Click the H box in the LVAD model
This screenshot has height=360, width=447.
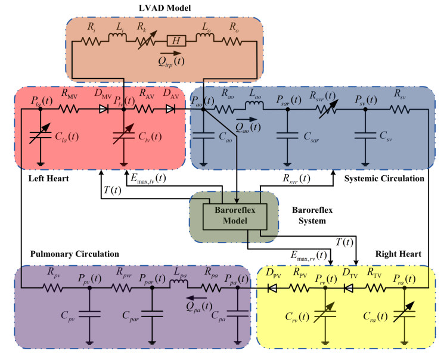click(176, 41)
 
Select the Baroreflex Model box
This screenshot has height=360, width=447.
click(235, 216)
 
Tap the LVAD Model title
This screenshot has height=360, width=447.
click(164, 8)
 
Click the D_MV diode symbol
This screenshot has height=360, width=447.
click(104, 109)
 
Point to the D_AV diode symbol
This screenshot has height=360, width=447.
click(170, 109)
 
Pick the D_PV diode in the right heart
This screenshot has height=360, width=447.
click(272, 288)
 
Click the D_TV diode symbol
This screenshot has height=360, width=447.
click(348, 288)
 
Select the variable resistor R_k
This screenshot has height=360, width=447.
click(147, 41)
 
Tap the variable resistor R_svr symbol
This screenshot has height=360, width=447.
click(327, 109)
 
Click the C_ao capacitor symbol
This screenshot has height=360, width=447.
click(203, 135)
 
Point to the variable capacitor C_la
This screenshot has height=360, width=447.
click(41, 135)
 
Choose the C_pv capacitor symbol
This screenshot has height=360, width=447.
click(89, 314)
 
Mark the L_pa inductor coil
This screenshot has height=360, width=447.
click(179, 284)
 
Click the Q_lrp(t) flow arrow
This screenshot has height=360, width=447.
click(170, 53)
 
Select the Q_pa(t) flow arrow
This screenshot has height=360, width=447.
click(197, 298)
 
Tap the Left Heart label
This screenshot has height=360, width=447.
click(48, 179)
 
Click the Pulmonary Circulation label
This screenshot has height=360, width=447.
click(74, 254)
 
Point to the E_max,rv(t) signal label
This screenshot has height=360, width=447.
click(309, 255)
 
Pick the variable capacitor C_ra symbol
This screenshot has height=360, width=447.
click(404, 313)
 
